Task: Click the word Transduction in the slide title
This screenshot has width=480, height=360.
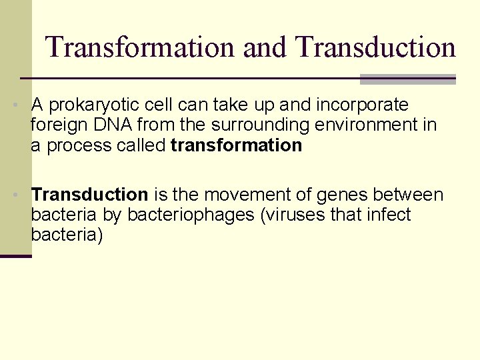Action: coord(375,47)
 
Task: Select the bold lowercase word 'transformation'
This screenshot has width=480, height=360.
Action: coord(237,145)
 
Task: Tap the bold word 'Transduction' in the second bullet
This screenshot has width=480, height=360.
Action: coord(89,195)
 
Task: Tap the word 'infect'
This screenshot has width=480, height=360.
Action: coord(389,215)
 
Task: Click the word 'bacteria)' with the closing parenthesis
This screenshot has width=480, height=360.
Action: coord(67,235)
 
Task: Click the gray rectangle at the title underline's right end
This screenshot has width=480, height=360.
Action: coord(407,79)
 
